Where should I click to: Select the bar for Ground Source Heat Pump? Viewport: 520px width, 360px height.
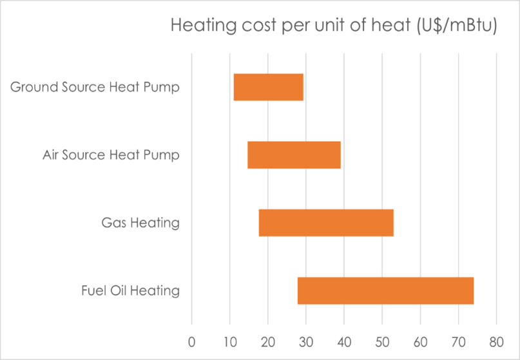(268, 87)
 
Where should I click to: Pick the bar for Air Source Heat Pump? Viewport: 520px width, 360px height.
(294, 155)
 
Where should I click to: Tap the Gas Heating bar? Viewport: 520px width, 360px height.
(326, 223)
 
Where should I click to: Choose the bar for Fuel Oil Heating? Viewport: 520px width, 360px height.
(385, 290)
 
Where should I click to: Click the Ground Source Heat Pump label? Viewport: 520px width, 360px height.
(95, 87)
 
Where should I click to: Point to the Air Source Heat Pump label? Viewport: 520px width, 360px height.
(111, 155)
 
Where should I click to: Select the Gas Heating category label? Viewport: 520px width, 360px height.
(140, 223)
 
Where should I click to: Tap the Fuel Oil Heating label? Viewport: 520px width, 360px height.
(130, 290)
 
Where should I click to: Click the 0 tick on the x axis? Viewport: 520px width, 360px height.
(191, 341)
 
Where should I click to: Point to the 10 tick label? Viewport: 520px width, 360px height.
(229, 341)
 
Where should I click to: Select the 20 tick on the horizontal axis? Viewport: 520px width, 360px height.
(267, 341)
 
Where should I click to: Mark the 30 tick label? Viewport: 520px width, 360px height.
(306, 341)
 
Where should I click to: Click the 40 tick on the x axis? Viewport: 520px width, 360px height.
(344, 341)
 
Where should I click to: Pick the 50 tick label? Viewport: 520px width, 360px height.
(382, 341)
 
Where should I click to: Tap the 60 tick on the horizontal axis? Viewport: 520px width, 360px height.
(420, 341)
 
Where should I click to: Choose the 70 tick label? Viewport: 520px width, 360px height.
(458, 341)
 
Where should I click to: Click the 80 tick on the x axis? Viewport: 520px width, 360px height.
(496, 341)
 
